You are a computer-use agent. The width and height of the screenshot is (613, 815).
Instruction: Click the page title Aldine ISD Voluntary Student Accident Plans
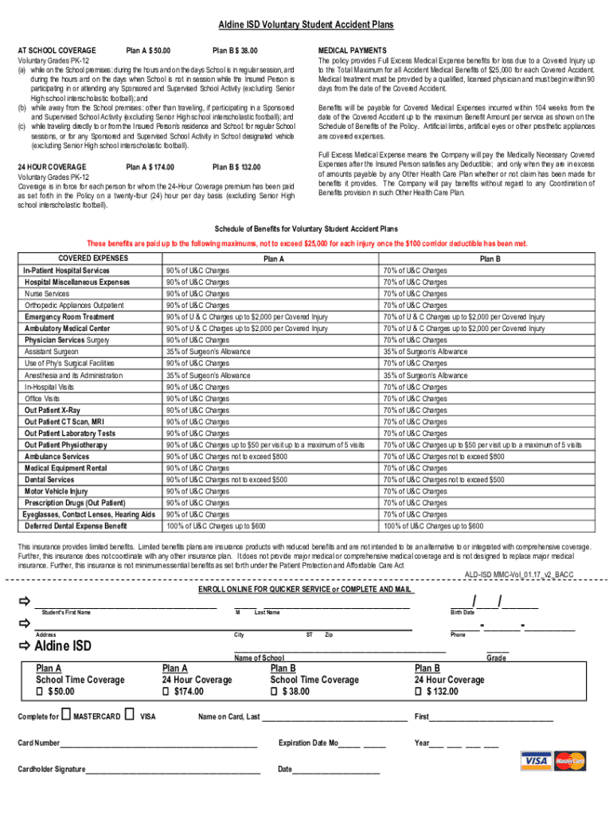click(x=306, y=25)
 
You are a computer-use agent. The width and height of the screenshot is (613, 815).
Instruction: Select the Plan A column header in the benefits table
click(x=273, y=259)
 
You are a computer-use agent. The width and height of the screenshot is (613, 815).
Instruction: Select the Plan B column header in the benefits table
click(x=490, y=259)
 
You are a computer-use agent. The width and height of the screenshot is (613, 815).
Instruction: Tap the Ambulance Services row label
click(x=57, y=457)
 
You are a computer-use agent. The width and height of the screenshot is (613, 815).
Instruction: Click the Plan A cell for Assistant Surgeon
click(x=208, y=352)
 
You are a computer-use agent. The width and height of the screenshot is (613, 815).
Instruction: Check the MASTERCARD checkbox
click(x=66, y=716)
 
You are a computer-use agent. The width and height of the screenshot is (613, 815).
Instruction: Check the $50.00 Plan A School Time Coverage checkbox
click(x=41, y=692)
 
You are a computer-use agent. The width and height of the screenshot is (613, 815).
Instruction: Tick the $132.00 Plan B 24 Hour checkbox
click(x=419, y=692)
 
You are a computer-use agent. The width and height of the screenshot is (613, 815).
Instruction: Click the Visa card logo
click(x=537, y=762)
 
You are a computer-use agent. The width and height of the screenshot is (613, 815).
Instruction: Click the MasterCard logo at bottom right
click(x=569, y=762)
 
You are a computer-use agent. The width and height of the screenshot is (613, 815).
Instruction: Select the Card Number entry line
click(x=158, y=747)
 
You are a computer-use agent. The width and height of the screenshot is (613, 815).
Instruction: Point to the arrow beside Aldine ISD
click(x=23, y=645)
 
